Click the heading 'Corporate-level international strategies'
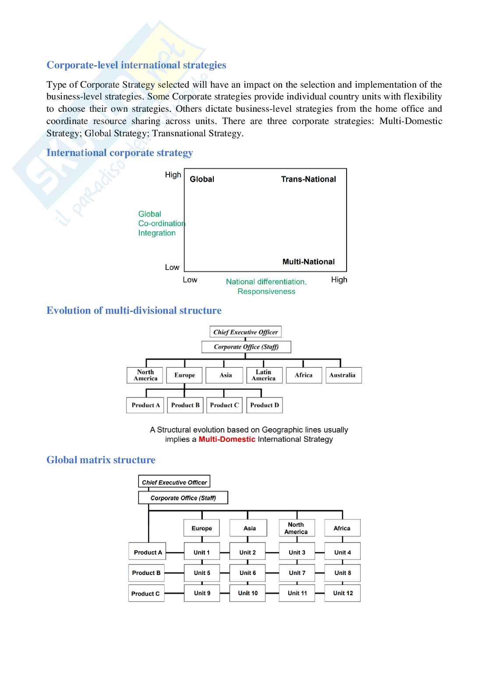point(136,65)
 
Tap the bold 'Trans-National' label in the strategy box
point(308,179)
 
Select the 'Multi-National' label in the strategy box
point(308,262)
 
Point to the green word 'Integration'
point(157,233)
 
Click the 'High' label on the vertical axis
point(173,175)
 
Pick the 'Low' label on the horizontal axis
point(190,280)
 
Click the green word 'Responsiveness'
point(266,291)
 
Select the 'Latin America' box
point(264,375)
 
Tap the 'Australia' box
point(344,375)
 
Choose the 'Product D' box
point(265,405)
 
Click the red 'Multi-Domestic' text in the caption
point(227,439)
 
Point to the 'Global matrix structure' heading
point(101,460)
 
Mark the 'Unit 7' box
point(297,573)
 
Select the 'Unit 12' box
point(343,593)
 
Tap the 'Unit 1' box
point(202,553)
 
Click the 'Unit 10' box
point(248,593)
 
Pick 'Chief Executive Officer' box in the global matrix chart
point(174,482)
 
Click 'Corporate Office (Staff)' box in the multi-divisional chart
point(246,347)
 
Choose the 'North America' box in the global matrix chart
point(296,528)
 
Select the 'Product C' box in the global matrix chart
point(146,593)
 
